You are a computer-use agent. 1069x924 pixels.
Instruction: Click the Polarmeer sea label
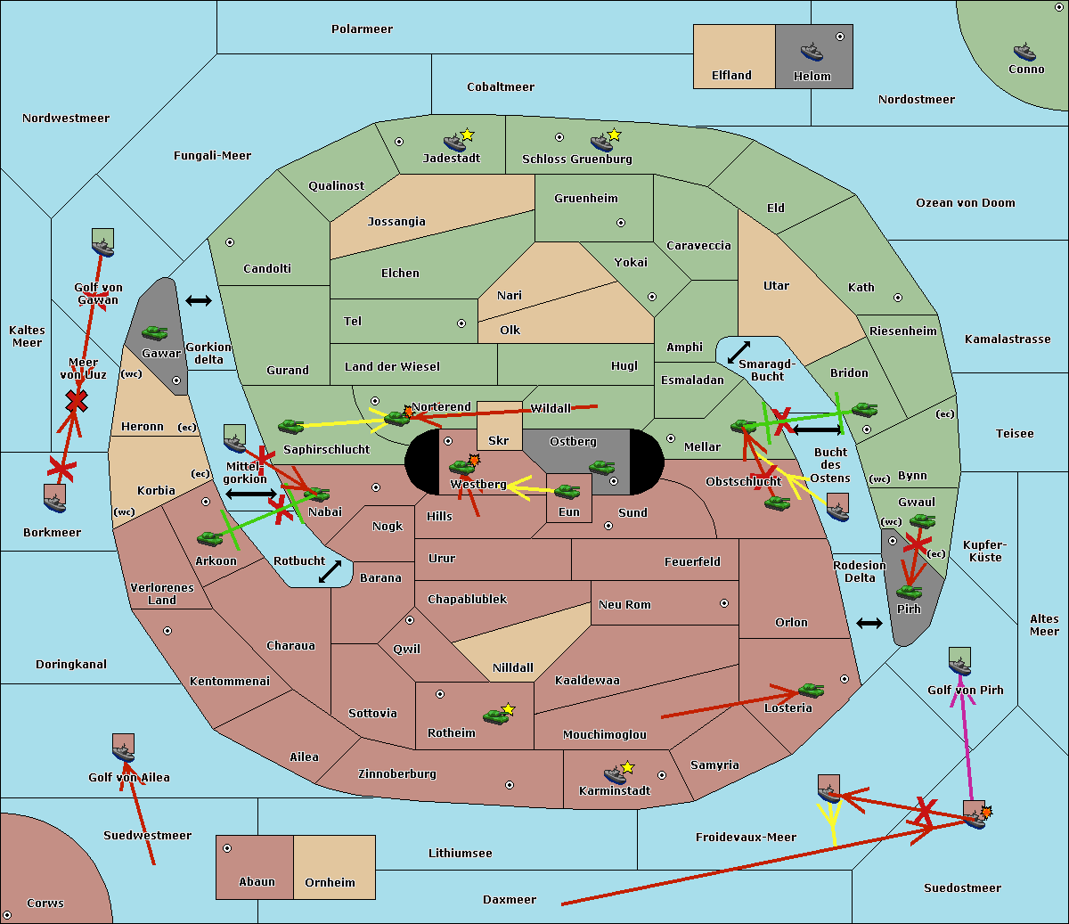pos(362,29)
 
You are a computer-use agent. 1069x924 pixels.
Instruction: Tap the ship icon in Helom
pos(811,52)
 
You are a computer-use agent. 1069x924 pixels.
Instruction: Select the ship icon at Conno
pos(1024,52)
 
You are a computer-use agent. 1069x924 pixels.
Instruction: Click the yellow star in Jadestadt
pos(468,135)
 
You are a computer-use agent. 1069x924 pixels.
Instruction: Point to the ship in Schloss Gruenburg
pos(601,143)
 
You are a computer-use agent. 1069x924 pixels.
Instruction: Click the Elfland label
pos(731,76)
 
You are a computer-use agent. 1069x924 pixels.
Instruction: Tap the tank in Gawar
pos(155,333)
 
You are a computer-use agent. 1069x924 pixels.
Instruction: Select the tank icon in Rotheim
pos(496,715)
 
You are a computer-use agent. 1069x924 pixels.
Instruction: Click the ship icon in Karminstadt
pos(615,774)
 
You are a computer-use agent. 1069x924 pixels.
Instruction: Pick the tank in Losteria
pos(811,690)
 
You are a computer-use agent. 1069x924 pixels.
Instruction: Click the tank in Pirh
pos(909,592)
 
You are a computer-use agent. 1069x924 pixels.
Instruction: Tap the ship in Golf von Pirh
pos(959,663)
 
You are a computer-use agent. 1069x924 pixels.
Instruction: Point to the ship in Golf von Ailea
pos(124,750)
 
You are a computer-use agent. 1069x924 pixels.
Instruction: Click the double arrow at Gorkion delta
pos(198,300)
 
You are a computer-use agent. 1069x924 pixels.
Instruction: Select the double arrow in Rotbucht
pos(330,571)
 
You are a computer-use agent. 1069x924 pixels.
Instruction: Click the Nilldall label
pos(513,667)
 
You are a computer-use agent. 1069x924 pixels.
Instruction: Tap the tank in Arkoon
pos(210,538)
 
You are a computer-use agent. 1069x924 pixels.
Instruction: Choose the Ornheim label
pos(330,882)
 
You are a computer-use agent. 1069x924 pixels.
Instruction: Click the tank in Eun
pos(567,492)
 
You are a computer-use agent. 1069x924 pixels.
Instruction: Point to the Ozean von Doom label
pos(965,203)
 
